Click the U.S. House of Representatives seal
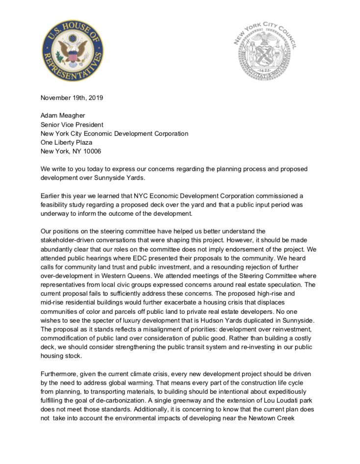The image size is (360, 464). [x=73, y=51]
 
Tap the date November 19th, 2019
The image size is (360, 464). [x=72, y=98]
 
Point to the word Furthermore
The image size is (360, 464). [x=61, y=374]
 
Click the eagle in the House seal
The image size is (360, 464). [x=73, y=52]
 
